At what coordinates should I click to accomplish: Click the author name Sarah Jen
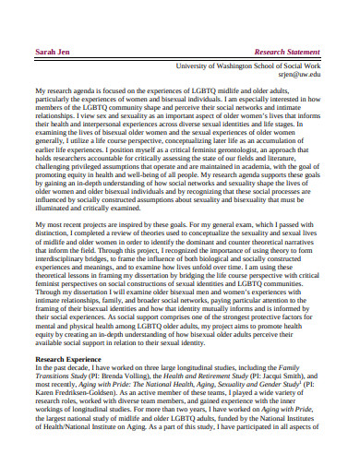pyautogui.click(x=51, y=52)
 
